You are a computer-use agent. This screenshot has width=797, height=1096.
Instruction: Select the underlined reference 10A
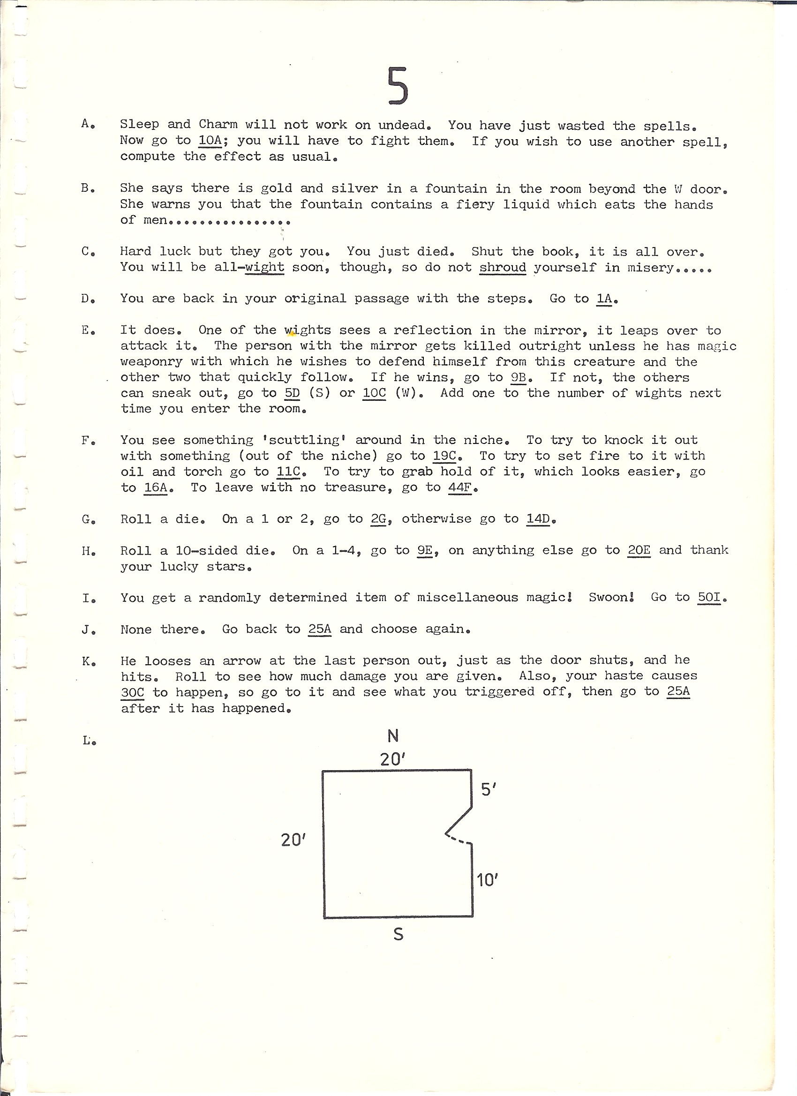[x=210, y=141]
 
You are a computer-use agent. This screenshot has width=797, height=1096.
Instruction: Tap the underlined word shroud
[x=502, y=267]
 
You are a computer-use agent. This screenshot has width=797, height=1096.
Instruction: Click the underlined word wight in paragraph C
[x=264, y=267]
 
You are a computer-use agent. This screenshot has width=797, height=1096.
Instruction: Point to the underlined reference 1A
[x=604, y=299]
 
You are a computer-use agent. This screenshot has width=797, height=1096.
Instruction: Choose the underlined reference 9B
[x=518, y=377]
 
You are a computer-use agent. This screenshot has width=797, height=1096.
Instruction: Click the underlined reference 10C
[x=374, y=393]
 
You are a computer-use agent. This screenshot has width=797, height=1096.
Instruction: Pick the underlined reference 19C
[x=444, y=456]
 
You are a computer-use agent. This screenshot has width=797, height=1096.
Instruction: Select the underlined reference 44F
[x=459, y=488]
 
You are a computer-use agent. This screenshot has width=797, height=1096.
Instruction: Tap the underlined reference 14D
[x=538, y=519]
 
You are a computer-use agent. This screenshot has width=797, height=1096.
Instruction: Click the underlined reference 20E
[x=639, y=550]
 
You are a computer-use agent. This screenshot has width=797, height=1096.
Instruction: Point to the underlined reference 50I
[x=709, y=597]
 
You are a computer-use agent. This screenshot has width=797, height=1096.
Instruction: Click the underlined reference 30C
[x=132, y=692]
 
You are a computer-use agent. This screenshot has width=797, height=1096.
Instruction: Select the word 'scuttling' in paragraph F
[x=304, y=440]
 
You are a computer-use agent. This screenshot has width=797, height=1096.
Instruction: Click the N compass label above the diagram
[x=393, y=736]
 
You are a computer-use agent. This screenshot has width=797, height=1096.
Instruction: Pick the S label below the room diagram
[x=398, y=935]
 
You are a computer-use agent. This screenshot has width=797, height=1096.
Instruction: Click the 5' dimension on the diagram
[x=489, y=789]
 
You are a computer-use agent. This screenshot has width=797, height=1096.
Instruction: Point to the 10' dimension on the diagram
[x=487, y=880]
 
